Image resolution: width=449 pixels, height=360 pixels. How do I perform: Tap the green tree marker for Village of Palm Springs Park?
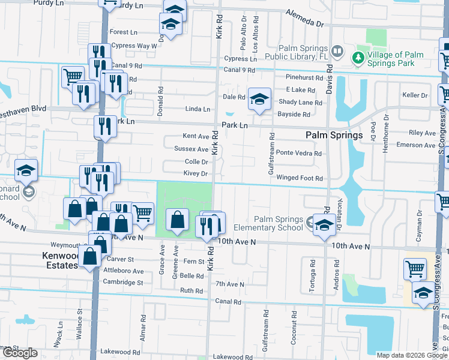(x=358, y=57)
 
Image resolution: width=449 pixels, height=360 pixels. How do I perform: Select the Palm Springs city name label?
(x=334, y=136)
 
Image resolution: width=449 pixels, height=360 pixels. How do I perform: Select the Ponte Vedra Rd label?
(x=298, y=153)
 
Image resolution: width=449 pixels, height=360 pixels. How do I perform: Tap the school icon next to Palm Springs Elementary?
(x=324, y=226)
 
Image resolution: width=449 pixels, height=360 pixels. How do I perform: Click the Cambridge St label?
(x=123, y=282)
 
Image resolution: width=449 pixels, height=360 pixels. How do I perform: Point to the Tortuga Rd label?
(x=312, y=275)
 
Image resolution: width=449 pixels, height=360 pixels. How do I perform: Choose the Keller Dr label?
(x=415, y=95)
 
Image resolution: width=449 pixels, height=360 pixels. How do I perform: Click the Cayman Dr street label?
(x=419, y=229)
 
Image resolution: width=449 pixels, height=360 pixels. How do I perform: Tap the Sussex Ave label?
(x=191, y=149)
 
